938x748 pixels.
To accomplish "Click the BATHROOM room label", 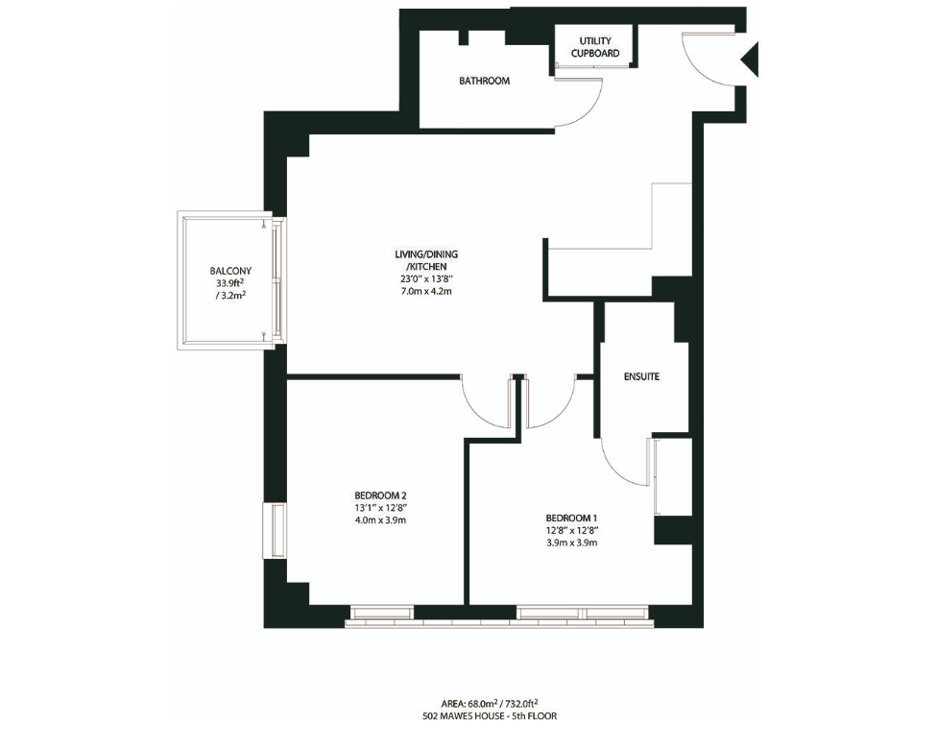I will pos(484,81).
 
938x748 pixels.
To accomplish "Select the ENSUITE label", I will pos(641,377).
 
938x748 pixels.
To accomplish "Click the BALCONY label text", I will pos(230,271).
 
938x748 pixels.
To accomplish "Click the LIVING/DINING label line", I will pos(421,253).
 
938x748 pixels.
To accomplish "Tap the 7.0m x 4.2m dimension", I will pos(421,290).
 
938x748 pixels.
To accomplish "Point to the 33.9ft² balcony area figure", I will pos(230,283).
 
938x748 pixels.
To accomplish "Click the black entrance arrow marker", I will pos(750,60).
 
